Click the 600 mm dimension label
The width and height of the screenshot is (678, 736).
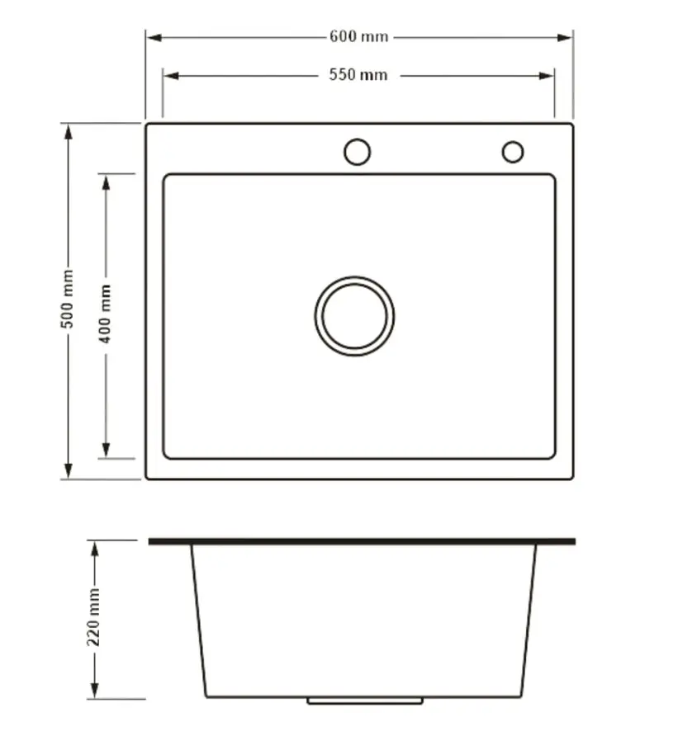358,36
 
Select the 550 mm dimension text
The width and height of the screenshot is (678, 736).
358,75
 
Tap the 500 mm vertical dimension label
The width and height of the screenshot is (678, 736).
68,299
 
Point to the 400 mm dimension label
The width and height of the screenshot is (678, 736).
105,314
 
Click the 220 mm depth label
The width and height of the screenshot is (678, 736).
94,616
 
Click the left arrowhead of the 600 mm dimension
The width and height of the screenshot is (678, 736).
154,38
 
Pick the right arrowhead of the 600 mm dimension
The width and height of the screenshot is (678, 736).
564,38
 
